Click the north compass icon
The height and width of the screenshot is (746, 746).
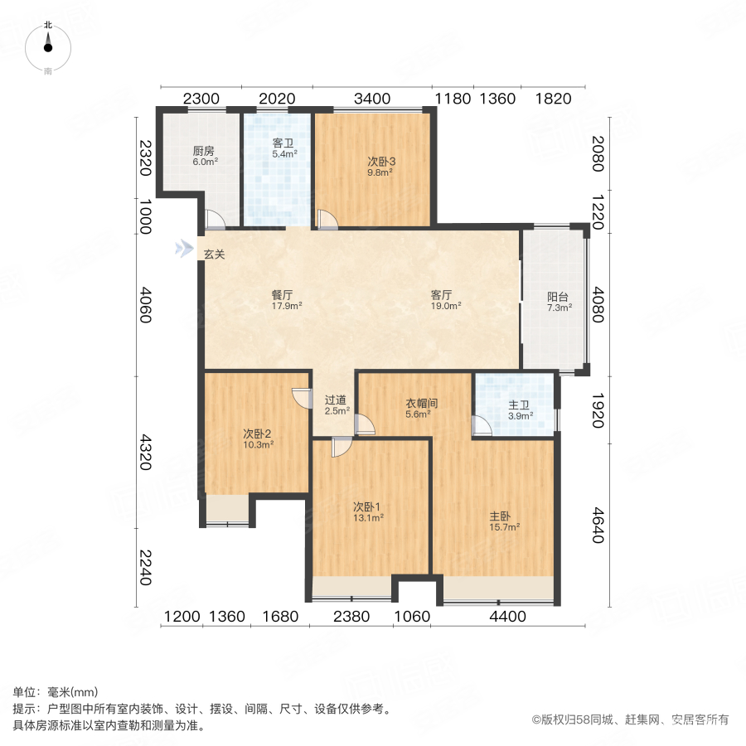[x=48, y=46]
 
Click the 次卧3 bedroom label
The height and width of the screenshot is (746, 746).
[x=381, y=162]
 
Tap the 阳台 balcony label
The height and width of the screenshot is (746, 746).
[x=557, y=298]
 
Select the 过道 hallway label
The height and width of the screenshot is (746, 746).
[x=337, y=399]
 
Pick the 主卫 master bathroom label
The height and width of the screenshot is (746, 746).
[x=520, y=405]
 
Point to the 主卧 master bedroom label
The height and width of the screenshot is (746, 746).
[x=504, y=515]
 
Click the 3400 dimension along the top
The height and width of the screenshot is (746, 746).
[x=372, y=99]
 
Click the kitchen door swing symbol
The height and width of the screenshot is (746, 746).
[x=214, y=220]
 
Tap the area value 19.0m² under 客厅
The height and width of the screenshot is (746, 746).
[x=445, y=305]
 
